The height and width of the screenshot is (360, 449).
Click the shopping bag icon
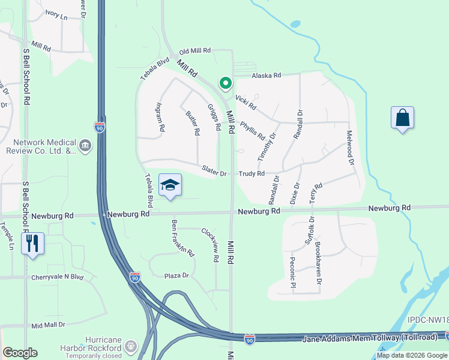pyautogui.click(x=402, y=118)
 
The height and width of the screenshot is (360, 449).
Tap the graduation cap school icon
pyautogui.click(x=170, y=185)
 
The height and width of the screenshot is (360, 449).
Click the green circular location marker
pyautogui.click(x=225, y=83)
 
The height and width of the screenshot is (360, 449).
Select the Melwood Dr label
pyautogui.click(x=349, y=145)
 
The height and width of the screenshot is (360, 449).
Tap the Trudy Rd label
pyautogui.click(x=252, y=174)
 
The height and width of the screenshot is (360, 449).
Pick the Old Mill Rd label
pyautogui.click(x=196, y=51)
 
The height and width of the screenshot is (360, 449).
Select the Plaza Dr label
pyautogui.click(x=176, y=276)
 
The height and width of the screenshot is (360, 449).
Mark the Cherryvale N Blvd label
pyautogui.click(x=58, y=277)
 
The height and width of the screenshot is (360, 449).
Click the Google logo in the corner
pyautogui.click(x=20, y=353)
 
